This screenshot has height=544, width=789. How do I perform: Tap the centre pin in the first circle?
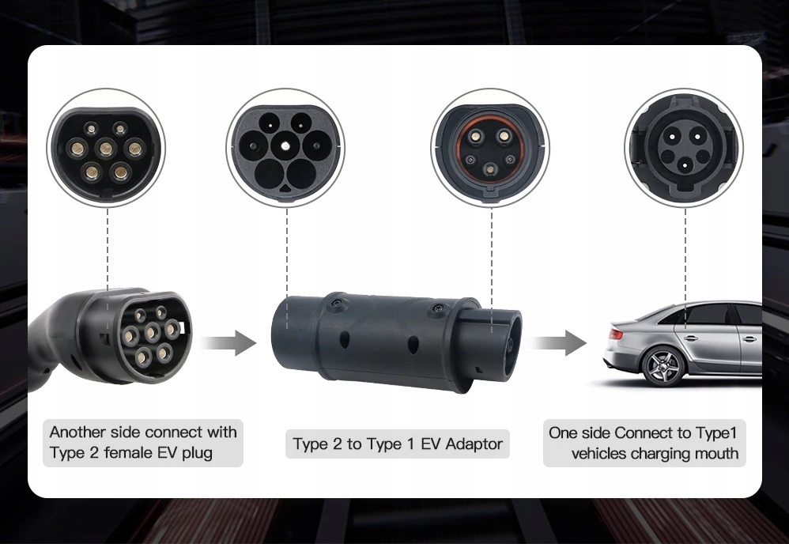coord(105,149)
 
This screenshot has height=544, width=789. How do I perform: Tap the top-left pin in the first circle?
coord(91,128)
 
